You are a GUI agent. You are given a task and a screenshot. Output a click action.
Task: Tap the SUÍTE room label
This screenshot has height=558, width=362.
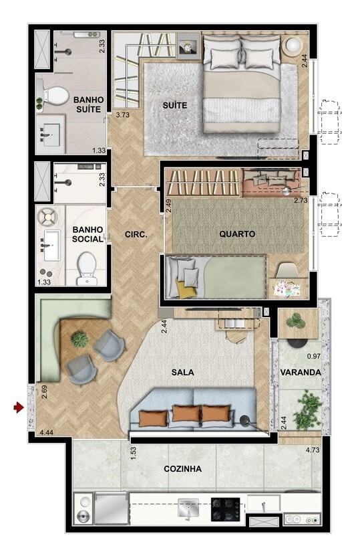click(x=174, y=106)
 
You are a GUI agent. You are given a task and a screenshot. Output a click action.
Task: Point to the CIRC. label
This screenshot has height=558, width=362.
click(x=136, y=235)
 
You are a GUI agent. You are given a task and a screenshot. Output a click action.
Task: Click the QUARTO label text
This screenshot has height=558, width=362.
click(x=237, y=234)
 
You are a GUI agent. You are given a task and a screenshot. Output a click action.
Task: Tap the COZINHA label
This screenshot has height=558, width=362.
click(x=182, y=469)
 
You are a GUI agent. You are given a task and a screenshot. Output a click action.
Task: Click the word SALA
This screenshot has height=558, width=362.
click(x=182, y=372)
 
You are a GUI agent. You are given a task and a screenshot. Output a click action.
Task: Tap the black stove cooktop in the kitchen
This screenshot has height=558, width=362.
click(x=226, y=509)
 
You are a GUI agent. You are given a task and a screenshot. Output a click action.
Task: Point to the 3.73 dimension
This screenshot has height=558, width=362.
click(x=122, y=116)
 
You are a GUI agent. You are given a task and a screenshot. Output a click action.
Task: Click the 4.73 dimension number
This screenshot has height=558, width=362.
click(x=312, y=450)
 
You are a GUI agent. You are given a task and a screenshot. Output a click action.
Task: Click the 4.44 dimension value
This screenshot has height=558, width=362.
click(x=46, y=433)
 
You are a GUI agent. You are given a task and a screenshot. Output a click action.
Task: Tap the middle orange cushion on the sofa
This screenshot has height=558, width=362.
click(x=186, y=414)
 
